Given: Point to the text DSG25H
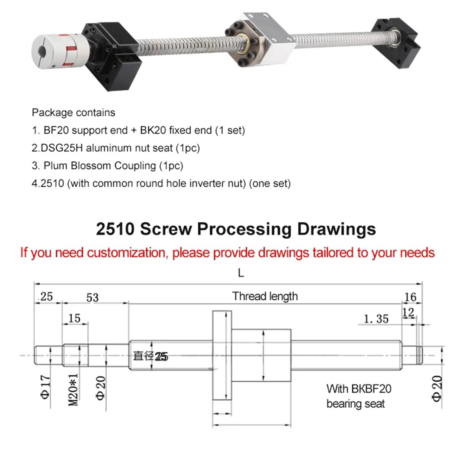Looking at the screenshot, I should pyautogui.click(x=62, y=148).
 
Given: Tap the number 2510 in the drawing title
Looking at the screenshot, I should pyautogui.click(x=115, y=229).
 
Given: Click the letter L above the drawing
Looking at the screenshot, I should pyautogui.click(x=241, y=273).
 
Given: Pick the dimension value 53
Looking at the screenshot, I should pyautogui.click(x=92, y=297).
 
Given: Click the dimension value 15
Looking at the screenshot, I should pyautogui.click(x=74, y=318).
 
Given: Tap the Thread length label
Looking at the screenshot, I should pyautogui.click(x=265, y=296).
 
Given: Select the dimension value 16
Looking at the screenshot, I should pyautogui.click(x=410, y=297).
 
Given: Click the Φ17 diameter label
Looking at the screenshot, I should pyautogui.click(x=46, y=387).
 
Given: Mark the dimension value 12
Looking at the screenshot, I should pyautogui.click(x=408, y=313).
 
